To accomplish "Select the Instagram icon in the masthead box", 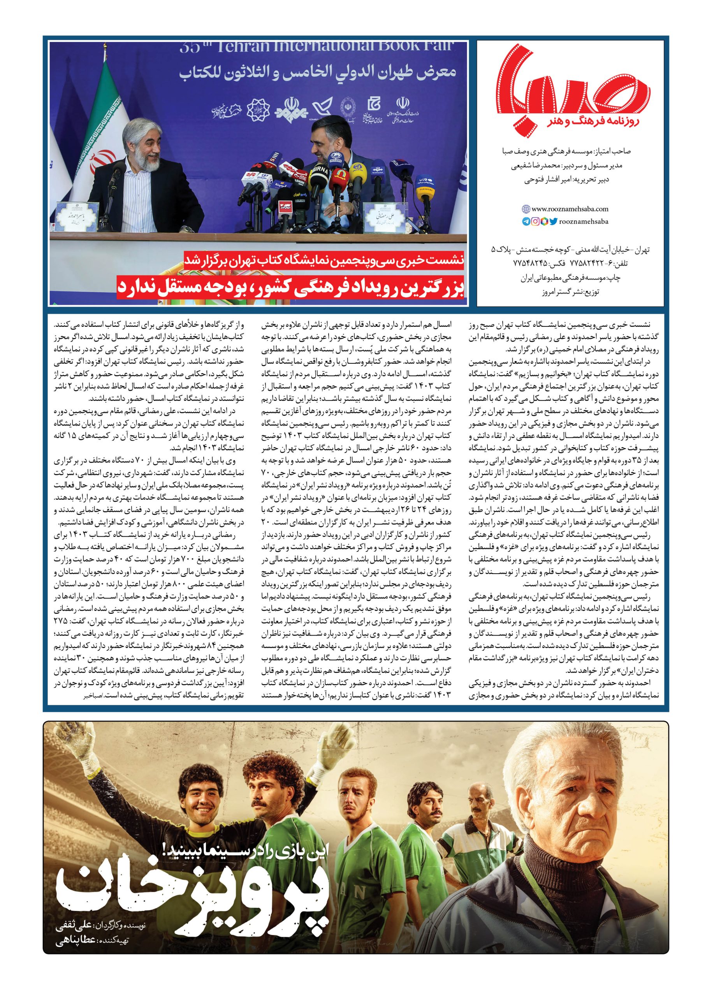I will pyautogui.click(x=535, y=222).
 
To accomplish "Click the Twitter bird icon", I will pyautogui.click(x=553, y=222).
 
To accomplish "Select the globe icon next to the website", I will pyautogui.click(x=526, y=209).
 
